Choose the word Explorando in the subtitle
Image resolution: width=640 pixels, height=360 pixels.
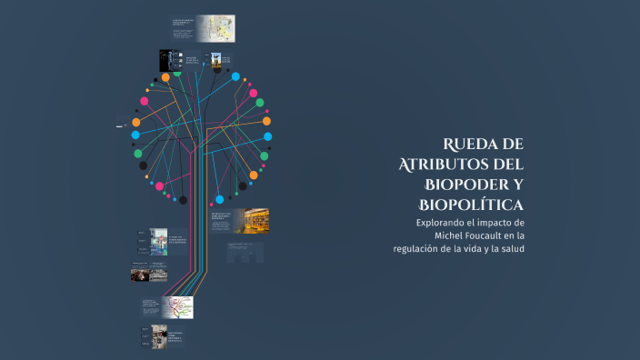click(445, 223)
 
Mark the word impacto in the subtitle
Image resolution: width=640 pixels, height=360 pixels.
click(503, 223)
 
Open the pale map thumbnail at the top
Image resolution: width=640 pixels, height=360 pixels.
click(217, 28)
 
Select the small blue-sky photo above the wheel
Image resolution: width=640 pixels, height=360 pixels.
click(216, 61)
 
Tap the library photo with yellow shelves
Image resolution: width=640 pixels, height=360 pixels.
click(252, 220)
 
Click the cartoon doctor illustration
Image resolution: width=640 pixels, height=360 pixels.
click(158, 239)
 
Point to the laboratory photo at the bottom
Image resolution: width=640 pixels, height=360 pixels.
click(159, 335)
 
